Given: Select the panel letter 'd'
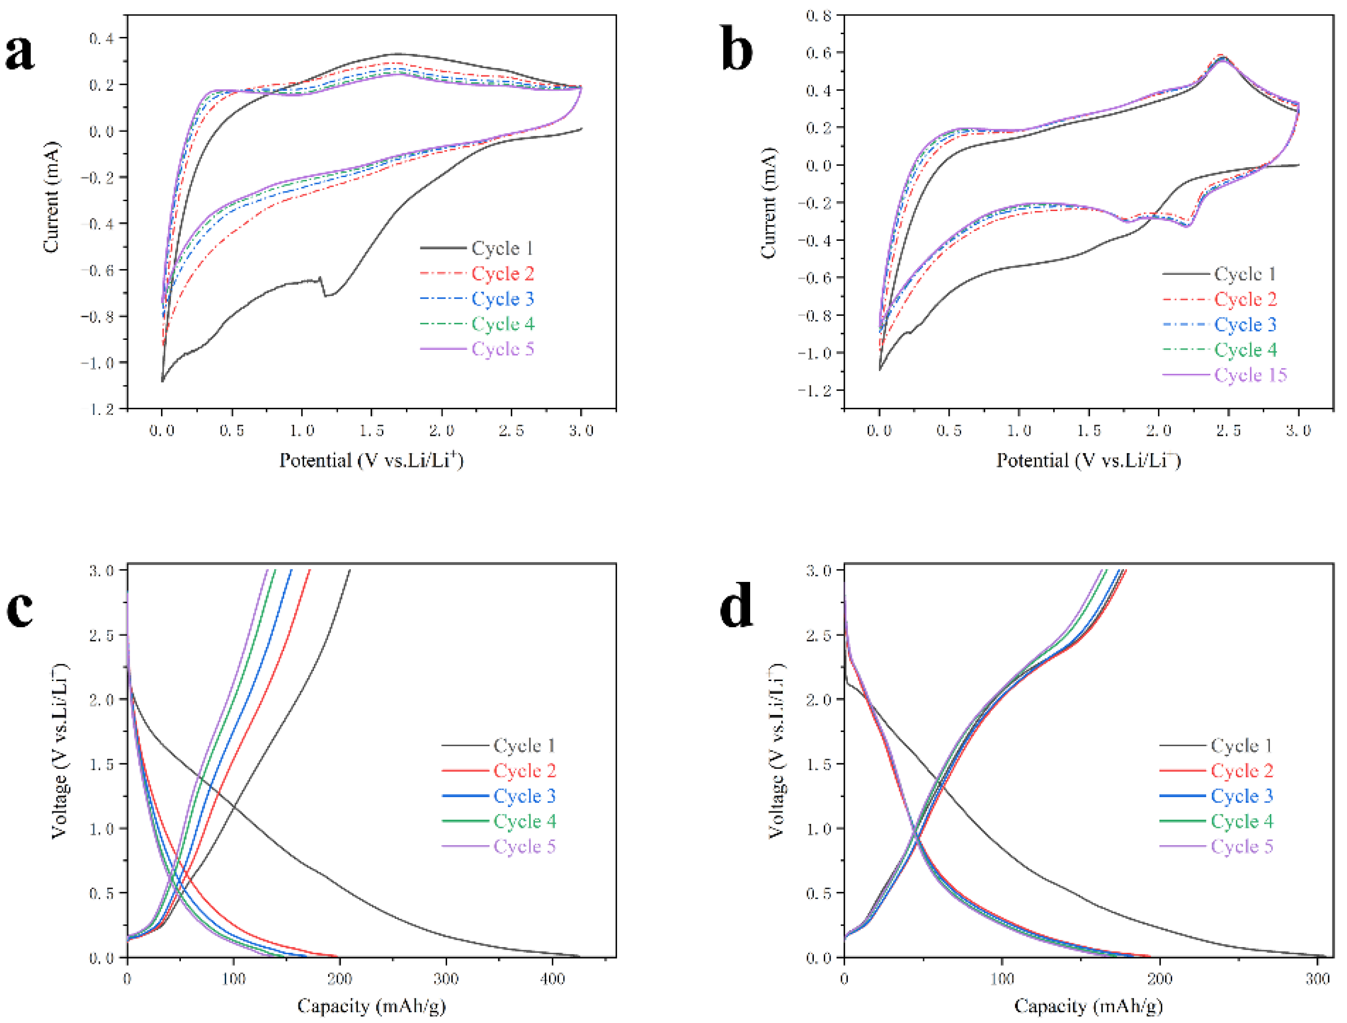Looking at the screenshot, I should (736, 609).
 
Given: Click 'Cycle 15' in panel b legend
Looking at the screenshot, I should (1250, 375).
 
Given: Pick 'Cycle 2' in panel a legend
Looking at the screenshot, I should (503, 274).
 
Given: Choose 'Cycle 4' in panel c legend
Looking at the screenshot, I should (525, 821).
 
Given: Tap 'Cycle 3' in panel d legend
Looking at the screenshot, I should (1241, 796).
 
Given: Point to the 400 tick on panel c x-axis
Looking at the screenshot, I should (552, 979).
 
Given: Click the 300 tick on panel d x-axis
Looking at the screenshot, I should (1317, 979).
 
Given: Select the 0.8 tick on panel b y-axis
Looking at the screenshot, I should (819, 15).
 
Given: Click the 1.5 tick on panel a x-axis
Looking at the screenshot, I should (372, 430).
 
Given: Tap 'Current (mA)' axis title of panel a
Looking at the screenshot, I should (51, 197).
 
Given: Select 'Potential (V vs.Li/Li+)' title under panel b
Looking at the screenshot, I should (1088, 460).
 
